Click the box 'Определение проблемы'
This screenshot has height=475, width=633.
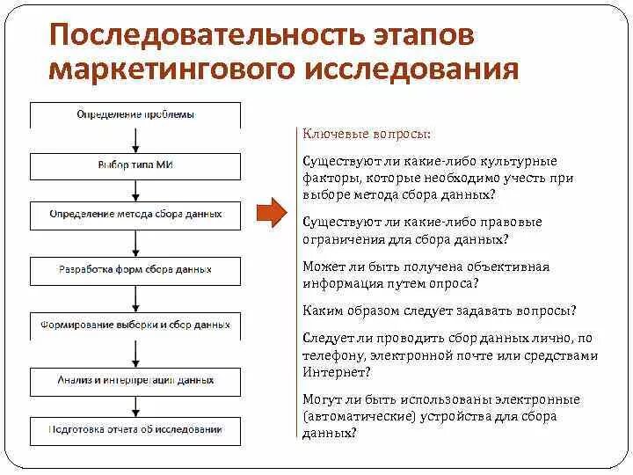pyautogui.click(x=135, y=115)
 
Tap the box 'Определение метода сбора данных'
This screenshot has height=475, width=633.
pyautogui.click(x=135, y=215)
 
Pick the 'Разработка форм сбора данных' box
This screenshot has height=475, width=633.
pyautogui.click(x=135, y=270)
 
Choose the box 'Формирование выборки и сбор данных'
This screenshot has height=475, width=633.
pyautogui.click(x=135, y=325)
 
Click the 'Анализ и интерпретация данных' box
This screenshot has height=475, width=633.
pyautogui.click(x=135, y=381)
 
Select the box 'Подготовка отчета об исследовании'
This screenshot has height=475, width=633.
pyautogui.click(x=135, y=430)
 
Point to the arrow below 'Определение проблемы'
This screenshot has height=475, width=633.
pyautogui.click(x=135, y=141)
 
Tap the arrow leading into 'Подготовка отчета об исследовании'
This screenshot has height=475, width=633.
pyautogui.click(x=135, y=406)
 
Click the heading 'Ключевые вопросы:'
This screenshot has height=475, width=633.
pyautogui.click(x=367, y=135)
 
